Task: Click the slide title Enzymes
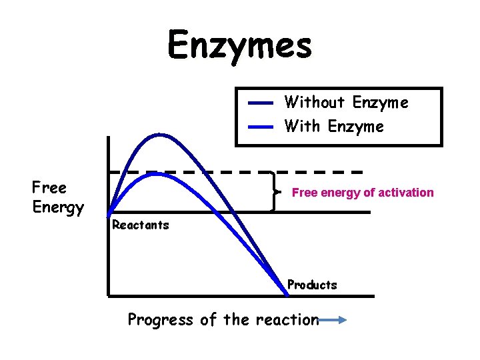tap(239, 46)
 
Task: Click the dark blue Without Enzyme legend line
tap(261, 103)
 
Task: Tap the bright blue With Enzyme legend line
tap(261, 126)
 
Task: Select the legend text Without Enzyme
tap(346, 103)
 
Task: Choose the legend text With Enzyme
tap(334, 126)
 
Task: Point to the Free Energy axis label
tap(58, 197)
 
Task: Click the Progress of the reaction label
tap(223, 320)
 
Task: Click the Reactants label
tap(141, 225)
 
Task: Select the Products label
tap(312, 285)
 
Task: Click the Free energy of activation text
tap(363, 193)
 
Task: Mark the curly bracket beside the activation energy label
tap(275, 192)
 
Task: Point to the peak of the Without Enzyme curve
tap(160, 135)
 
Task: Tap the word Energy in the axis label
tap(58, 207)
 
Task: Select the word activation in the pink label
tap(405, 193)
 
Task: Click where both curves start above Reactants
tap(111, 213)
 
